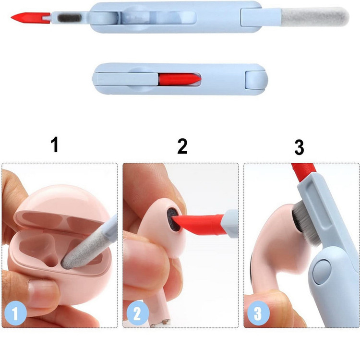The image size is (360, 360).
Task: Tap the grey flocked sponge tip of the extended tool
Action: click(x=314, y=16)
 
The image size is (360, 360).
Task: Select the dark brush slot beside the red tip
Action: click(x=69, y=18)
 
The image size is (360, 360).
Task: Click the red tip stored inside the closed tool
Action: click(x=180, y=79)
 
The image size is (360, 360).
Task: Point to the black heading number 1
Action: click(x=54, y=144)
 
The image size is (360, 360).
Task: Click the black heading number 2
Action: click(x=182, y=146)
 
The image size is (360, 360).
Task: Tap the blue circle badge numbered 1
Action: click(x=16, y=313)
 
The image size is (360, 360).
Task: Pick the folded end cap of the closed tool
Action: click(x=256, y=80)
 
